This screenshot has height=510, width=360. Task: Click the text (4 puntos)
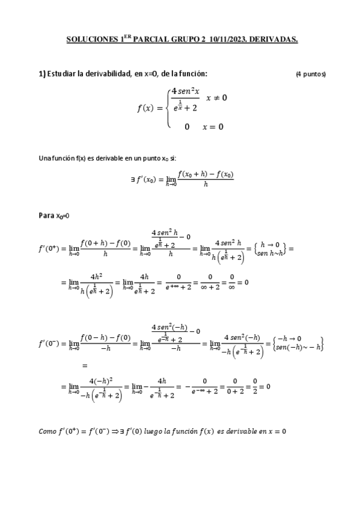point(311,75)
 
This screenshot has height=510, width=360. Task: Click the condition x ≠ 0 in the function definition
point(216,97)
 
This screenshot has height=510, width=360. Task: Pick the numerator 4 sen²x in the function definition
point(185,91)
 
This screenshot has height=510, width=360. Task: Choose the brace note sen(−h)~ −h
point(297,346)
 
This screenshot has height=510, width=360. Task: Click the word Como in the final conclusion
point(47,431)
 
